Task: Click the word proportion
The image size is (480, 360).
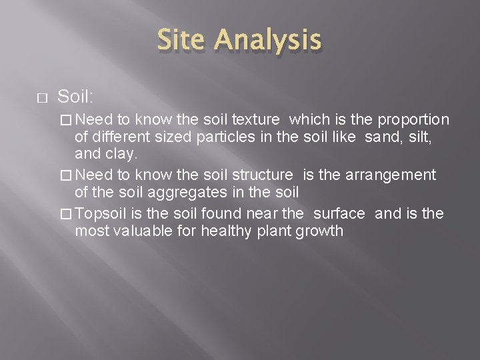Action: coord(413,119)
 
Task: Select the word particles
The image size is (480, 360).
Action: coord(191,138)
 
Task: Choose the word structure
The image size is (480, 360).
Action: coord(261,175)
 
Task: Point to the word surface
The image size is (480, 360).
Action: coord(338,213)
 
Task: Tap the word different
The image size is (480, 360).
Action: coord(121,138)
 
